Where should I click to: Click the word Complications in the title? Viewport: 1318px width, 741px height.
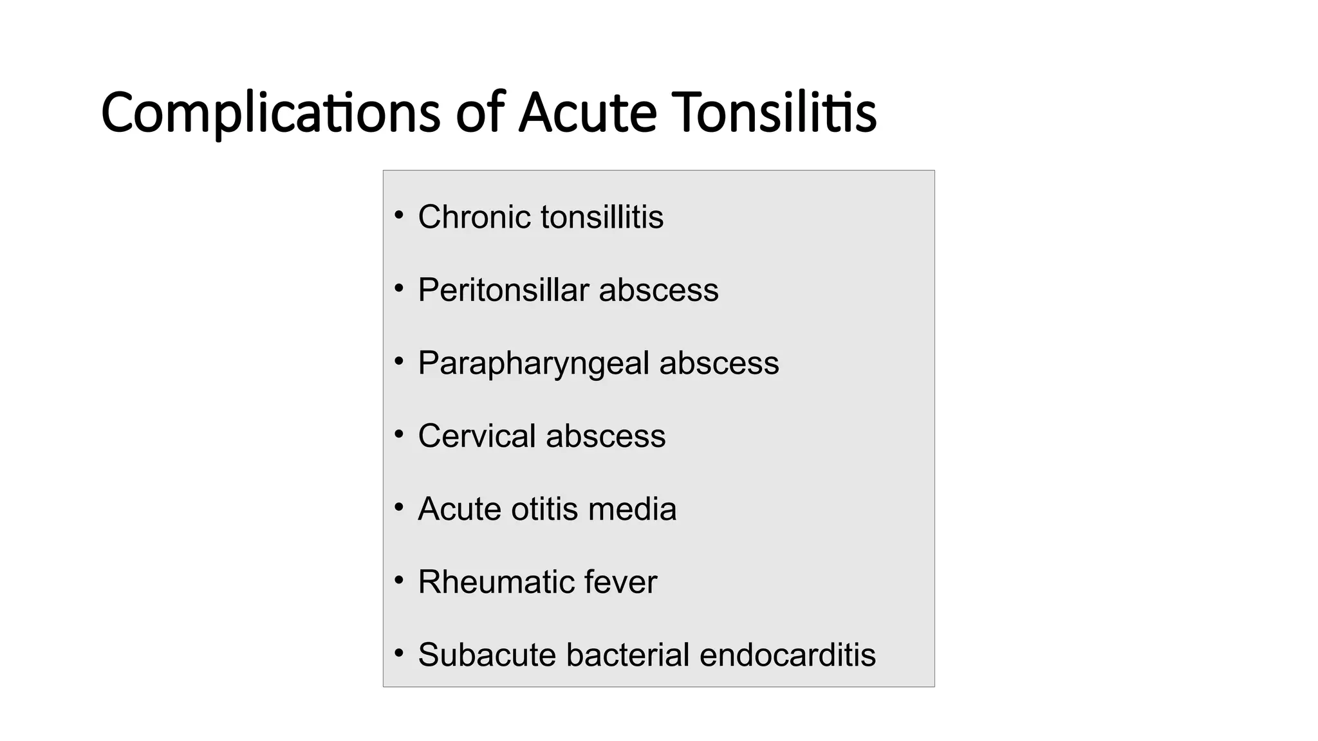(x=270, y=113)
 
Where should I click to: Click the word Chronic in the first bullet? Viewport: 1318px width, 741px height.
(x=474, y=217)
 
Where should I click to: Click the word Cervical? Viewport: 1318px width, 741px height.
(x=476, y=436)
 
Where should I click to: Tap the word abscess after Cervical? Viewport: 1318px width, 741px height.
(x=606, y=436)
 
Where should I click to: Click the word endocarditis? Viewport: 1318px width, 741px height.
(x=787, y=655)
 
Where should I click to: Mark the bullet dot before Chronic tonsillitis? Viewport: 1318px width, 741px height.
(x=399, y=215)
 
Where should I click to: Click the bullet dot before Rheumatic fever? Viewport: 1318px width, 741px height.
(x=399, y=581)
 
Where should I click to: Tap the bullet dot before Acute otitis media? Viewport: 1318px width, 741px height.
(x=399, y=508)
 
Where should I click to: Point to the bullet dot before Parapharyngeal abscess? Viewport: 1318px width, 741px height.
(x=399, y=361)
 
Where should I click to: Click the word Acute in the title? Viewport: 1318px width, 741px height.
(x=588, y=113)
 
